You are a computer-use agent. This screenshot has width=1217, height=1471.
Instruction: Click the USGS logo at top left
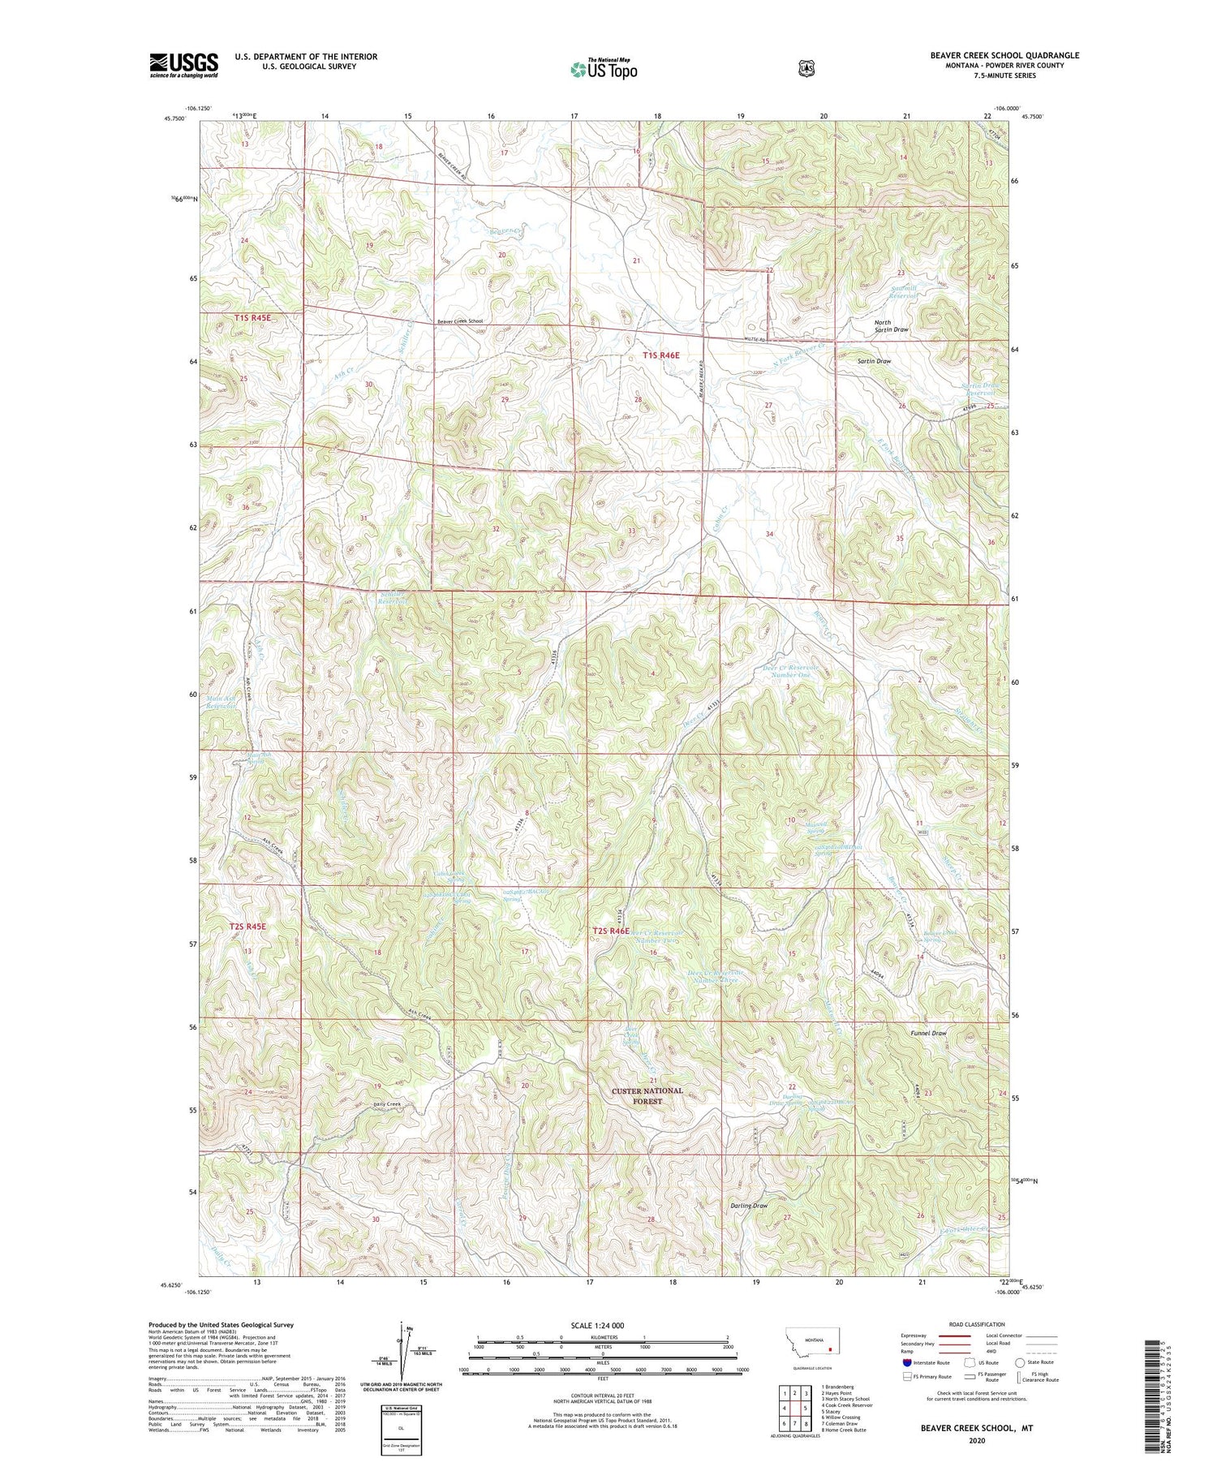click(183, 65)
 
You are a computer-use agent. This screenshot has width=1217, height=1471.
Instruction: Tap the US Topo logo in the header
click(604, 69)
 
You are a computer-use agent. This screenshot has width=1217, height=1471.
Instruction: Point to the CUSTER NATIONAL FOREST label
click(647, 1096)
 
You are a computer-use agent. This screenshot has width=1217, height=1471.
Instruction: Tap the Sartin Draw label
click(875, 361)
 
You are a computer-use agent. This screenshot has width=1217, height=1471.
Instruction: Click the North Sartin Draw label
click(890, 326)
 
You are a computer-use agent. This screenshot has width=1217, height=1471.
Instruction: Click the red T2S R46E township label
click(611, 931)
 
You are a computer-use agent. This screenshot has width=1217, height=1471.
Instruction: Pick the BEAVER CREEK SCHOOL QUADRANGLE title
click(1004, 55)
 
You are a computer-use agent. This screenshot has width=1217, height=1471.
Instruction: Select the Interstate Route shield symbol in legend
click(907, 1362)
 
